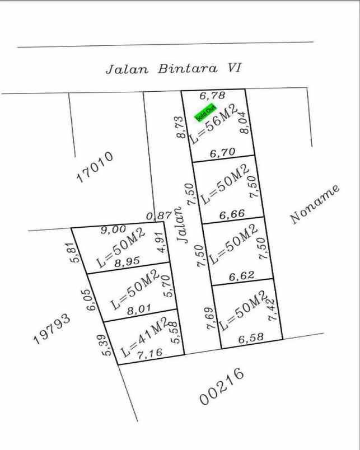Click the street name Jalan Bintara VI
click(x=174, y=69)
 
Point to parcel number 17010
click(x=95, y=167)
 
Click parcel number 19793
click(x=52, y=329)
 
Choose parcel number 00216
click(x=222, y=386)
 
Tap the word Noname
click(x=315, y=204)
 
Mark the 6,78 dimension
click(x=212, y=96)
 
